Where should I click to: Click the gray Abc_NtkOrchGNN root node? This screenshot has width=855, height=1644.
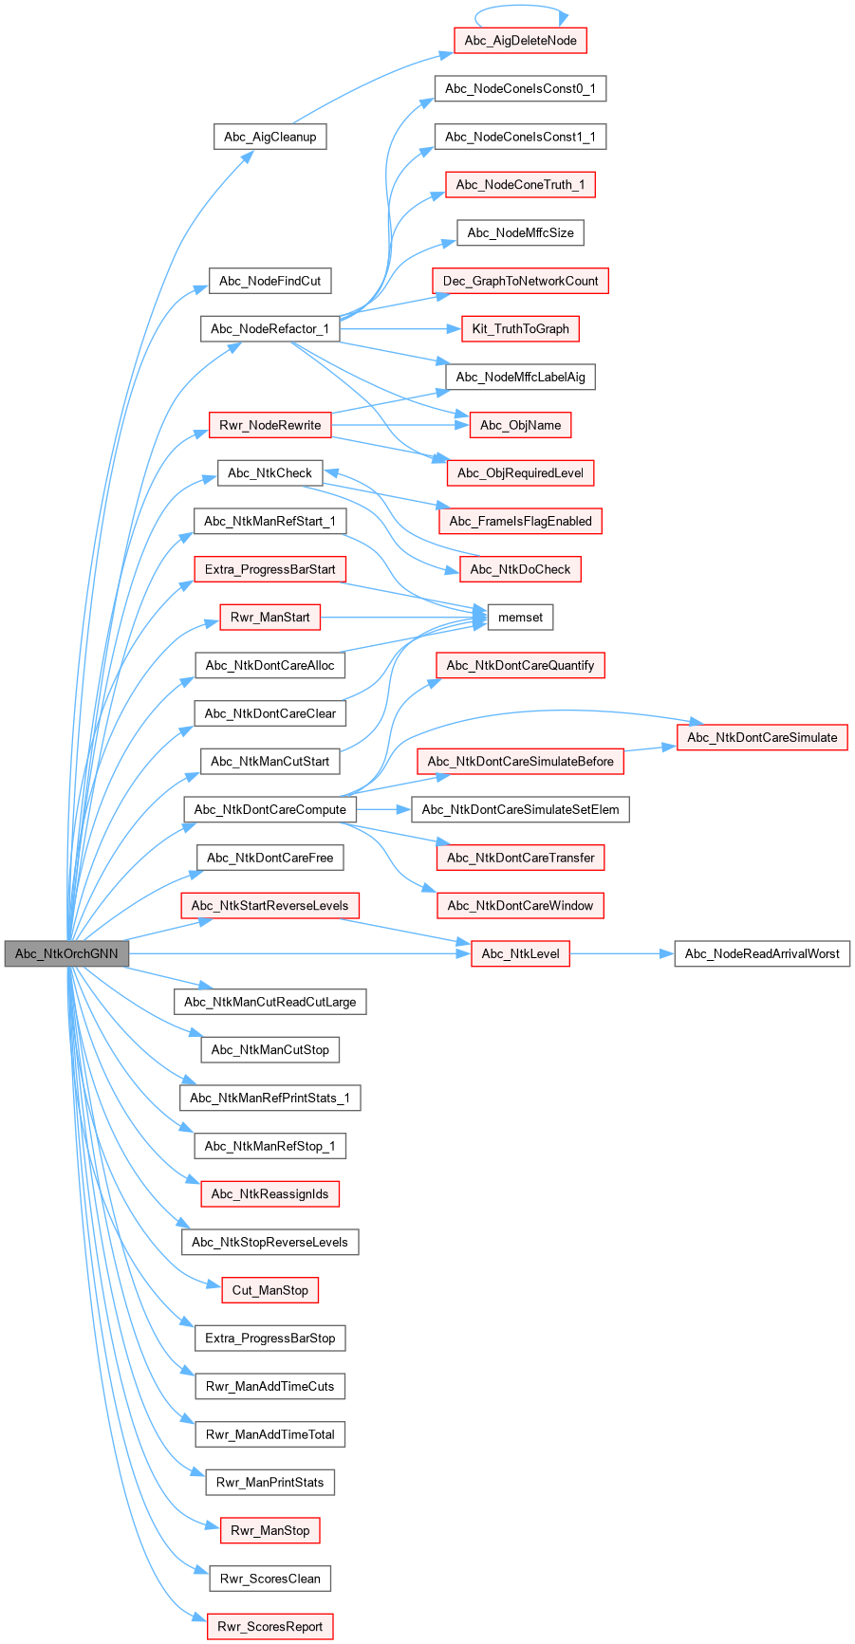coord(65,953)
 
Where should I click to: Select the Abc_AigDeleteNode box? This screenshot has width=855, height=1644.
coord(520,41)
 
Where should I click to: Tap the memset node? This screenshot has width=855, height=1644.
coord(520,618)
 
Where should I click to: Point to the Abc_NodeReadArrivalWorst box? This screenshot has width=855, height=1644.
coord(762,953)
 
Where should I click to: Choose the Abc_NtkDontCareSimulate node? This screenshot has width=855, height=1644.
coord(762,737)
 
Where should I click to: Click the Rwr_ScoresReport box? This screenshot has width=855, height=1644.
coord(270,1626)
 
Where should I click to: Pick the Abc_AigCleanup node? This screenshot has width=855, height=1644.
coord(270,137)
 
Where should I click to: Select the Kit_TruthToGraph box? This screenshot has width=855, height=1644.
coord(520,329)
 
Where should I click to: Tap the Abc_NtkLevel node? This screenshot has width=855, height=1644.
coord(520,953)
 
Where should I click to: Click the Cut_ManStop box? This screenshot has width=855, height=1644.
coord(270,1290)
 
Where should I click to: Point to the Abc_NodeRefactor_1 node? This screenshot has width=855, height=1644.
coord(270,329)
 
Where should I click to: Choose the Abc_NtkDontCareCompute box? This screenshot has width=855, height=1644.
coord(270,809)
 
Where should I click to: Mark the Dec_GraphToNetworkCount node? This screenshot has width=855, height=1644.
coord(520,281)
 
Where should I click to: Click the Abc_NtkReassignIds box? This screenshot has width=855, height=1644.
coord(270,1193)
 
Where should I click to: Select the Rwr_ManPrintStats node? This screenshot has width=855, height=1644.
coord(270,1482)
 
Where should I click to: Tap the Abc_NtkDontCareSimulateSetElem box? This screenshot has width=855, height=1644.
coord(520,809)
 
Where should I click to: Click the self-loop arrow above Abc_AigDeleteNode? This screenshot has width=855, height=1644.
coord(520,7)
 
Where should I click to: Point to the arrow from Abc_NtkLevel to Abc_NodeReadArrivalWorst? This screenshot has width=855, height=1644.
coord(622,953)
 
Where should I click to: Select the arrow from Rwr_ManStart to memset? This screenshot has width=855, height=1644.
coord(403,618)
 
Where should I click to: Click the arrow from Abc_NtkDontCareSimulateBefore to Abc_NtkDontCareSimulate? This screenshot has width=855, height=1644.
coord(650,748)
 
